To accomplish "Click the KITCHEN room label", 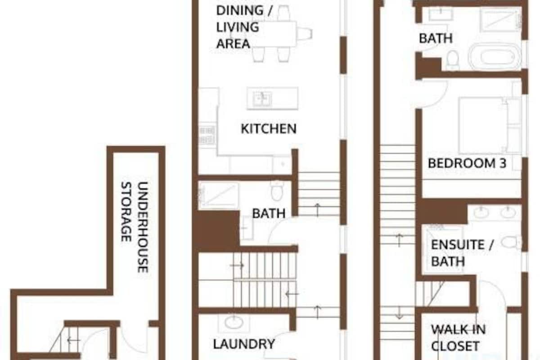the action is [x=269, y=129].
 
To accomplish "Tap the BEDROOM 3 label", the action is [x=467, y=163].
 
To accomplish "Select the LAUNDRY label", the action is [x=244, y=344].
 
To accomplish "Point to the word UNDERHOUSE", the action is [x=143, y=227].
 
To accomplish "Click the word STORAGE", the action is [x=126, y=211].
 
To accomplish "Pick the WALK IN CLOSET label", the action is [x=458, y=337].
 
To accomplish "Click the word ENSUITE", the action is [x=458, y=245].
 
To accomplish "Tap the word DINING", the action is [x=240, y=11].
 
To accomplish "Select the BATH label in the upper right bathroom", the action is [x=436, y=38].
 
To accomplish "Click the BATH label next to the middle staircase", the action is [x=269, y=213].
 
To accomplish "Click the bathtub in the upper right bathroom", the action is [x=495, y=57].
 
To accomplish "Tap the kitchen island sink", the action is [x=262, y=99].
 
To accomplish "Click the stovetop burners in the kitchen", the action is [x=207, y=135].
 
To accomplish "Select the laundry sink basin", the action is [x=234, y=323].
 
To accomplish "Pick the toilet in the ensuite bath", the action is [x=511, y=242].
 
